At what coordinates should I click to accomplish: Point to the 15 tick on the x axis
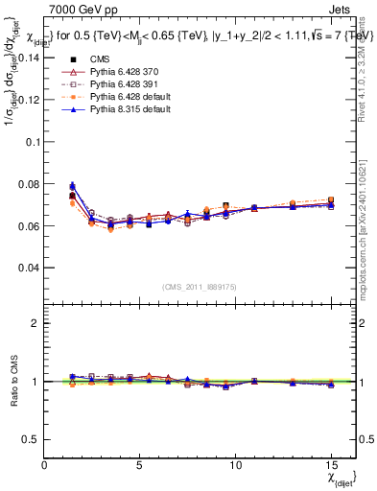[x=330, y=463]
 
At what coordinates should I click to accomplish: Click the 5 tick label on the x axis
[x=140, y=463]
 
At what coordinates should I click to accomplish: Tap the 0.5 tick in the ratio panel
[x=31, y=439]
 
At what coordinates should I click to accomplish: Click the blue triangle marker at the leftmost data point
[x=72, y=186]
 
